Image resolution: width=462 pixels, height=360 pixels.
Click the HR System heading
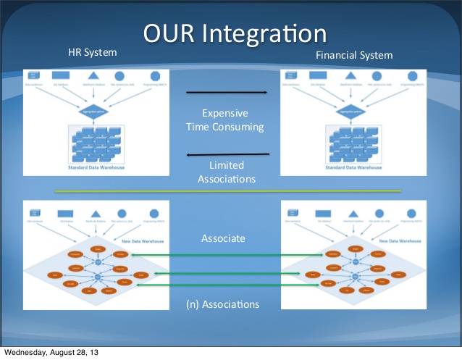pos(92,53)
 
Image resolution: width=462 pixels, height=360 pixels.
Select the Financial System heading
pos(354,55)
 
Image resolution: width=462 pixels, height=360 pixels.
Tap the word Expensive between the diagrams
pos(225,113)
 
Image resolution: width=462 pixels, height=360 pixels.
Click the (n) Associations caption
pos(225,304)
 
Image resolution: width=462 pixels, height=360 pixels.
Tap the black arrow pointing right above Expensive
pos(227,93)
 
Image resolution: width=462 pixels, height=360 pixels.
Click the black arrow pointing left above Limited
pos(228,154)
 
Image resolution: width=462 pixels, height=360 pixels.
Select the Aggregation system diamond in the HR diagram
pos(92,110)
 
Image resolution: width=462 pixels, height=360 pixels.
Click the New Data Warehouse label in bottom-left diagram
pos(143,241)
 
